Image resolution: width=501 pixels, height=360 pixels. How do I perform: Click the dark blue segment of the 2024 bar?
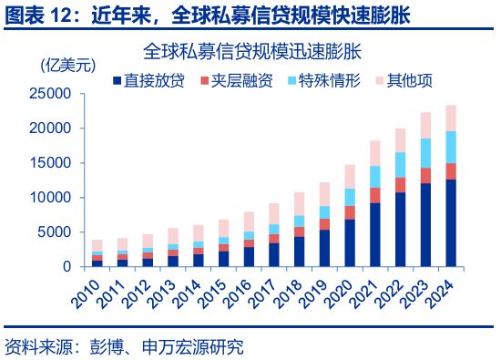[x=451, y=223]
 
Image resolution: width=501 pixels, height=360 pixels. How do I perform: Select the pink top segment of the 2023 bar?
[x=425, y=125]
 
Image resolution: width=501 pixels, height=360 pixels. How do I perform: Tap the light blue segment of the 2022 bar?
[x=400, y=164]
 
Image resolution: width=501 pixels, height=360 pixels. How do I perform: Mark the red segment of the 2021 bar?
[x=374, y=194]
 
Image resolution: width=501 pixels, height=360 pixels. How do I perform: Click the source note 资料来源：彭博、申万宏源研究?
[x=125, y=346]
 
